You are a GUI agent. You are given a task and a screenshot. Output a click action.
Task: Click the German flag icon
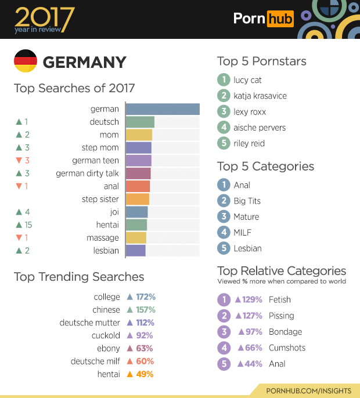pos(26,61)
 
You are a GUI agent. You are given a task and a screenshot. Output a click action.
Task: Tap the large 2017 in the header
pos(44,17)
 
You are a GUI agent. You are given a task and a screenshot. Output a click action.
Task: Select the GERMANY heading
pos(84,62)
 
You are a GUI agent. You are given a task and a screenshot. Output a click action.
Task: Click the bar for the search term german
pos(163,109)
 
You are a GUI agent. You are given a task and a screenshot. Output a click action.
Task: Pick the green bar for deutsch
pos(140,122)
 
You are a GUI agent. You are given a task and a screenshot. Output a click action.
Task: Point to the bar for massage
pos(136,238)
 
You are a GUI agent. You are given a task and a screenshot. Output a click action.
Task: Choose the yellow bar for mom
pos(139,135)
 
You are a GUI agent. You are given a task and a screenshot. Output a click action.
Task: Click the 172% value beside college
pos(146,297)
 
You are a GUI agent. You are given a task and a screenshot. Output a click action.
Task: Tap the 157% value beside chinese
pos(146,310)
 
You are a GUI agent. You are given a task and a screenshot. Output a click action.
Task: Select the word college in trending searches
pos(107,297)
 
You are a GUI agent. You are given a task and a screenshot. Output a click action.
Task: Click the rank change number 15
pos(27,225)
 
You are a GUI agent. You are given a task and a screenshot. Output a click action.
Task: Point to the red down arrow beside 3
pos(19,161)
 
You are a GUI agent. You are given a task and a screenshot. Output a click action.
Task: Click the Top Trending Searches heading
pos(79,277)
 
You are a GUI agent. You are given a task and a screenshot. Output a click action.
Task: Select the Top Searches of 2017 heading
pos(74,88)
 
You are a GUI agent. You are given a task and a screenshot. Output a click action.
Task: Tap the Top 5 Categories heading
pos(265,167)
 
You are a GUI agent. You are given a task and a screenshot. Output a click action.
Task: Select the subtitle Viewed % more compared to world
pos(282,281)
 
